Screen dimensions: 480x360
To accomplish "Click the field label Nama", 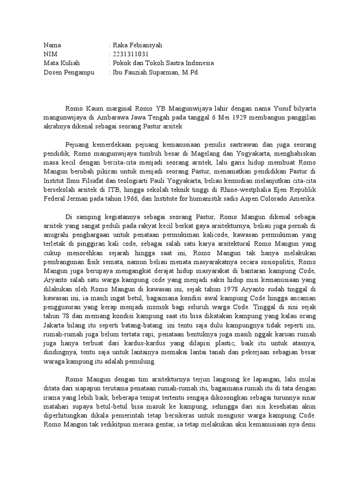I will [x=52, y=45].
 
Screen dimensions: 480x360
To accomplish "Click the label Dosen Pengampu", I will [x=69, y=72].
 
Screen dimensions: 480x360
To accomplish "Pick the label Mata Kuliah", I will [x=61, y=63].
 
